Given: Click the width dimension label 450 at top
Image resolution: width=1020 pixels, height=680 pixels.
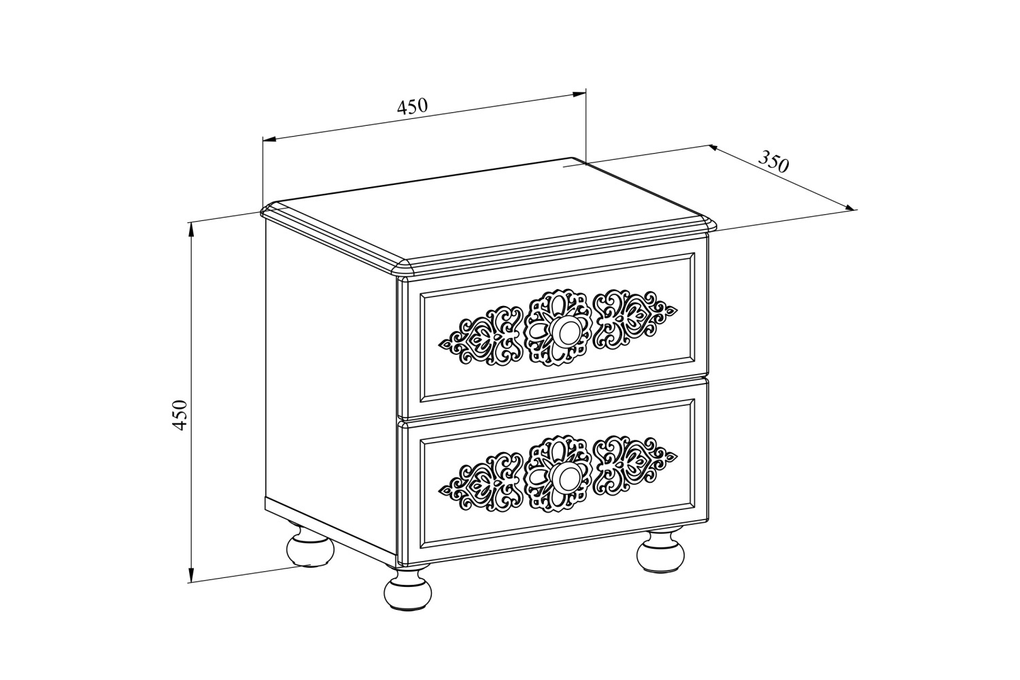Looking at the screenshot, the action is click(x=413, y=105).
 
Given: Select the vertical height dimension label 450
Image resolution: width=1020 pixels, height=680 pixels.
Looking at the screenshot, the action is click(x=180, y=415).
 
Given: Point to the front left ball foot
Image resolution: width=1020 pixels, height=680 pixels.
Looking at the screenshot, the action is click(x=407, y=588).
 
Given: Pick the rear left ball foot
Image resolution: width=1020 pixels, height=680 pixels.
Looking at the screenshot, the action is click(x=311, y=547).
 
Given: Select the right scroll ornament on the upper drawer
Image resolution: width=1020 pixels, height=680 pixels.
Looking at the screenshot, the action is click(x=635, y=320).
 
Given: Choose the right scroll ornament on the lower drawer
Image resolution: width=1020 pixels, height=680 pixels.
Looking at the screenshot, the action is click(x=635, y=467).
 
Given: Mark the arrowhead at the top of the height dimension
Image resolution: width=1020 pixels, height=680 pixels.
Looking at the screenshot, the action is click(x=192, y=230).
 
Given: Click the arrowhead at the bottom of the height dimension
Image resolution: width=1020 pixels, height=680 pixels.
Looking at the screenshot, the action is click(x=192, y=575).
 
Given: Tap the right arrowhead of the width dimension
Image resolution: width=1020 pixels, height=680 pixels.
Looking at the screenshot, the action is click(x=578, y=95).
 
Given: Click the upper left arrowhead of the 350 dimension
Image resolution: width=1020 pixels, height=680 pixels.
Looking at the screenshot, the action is click(x=716, y=148).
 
